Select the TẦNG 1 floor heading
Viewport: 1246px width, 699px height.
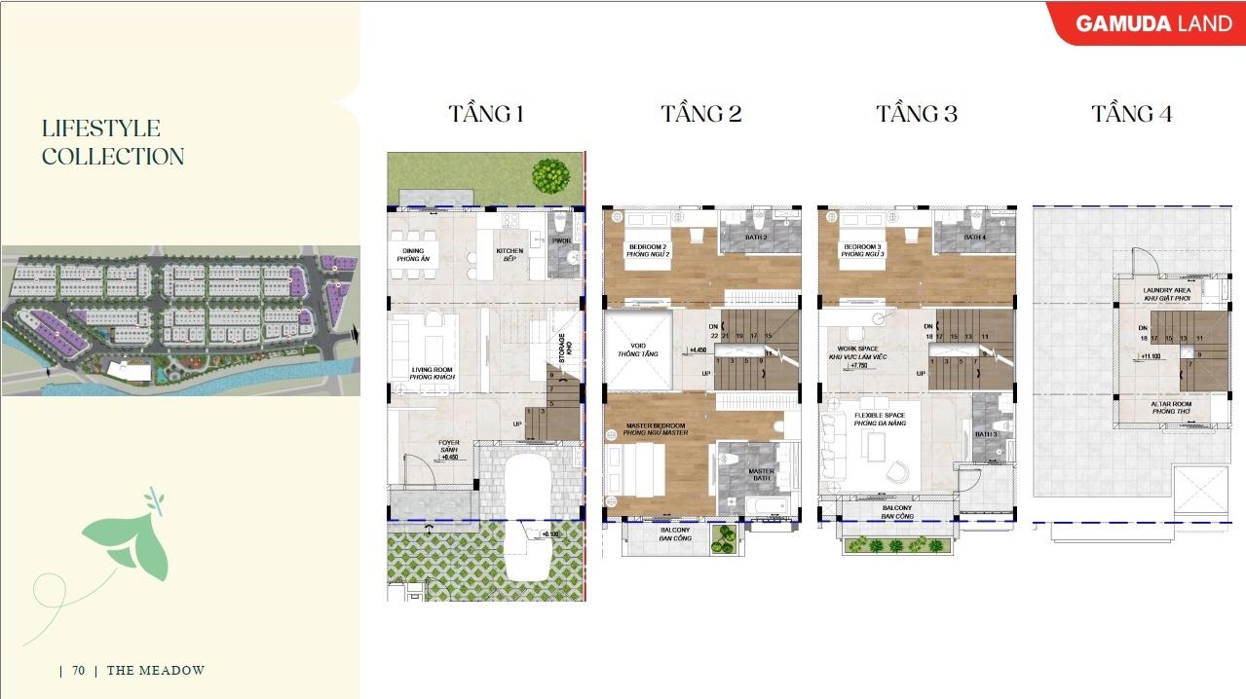(486, 114)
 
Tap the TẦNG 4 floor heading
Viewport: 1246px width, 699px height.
(1131, 114)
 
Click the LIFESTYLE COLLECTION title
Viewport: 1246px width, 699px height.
(112, 142)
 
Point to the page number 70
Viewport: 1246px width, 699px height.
(78, 670)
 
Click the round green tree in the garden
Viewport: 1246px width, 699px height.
(550, 175)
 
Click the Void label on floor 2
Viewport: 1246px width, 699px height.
(637, 349)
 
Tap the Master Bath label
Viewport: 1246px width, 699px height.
(761, 475)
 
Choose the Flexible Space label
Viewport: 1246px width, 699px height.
(880, 420)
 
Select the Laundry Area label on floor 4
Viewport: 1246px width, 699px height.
(1166, 294)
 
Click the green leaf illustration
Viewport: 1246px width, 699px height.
(127, 540)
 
